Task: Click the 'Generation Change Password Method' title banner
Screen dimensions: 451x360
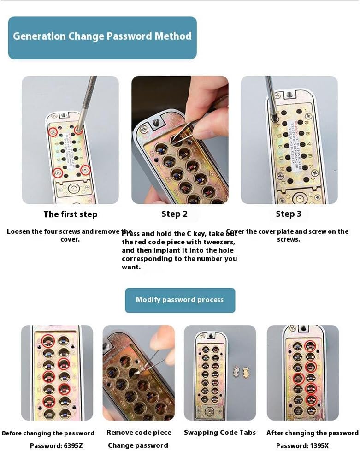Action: (x=102, y=36)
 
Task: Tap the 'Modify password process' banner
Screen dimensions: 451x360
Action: (x=180, y=300)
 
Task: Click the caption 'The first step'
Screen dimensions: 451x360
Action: (x=71, y=214)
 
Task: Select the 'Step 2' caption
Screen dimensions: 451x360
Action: (x=174, y=214)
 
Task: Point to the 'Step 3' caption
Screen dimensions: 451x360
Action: (x=289, y=214)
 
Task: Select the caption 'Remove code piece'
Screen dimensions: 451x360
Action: (x=139, y=433)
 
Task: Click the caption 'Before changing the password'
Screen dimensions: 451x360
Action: (x=48, y=433)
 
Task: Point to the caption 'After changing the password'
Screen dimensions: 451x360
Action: (x=312, y=433)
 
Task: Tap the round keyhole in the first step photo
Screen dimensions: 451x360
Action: (x=72, y=189)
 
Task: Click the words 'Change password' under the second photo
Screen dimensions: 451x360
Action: (x=138, y=445)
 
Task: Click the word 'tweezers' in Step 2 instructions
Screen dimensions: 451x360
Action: (x=219, y=242)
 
